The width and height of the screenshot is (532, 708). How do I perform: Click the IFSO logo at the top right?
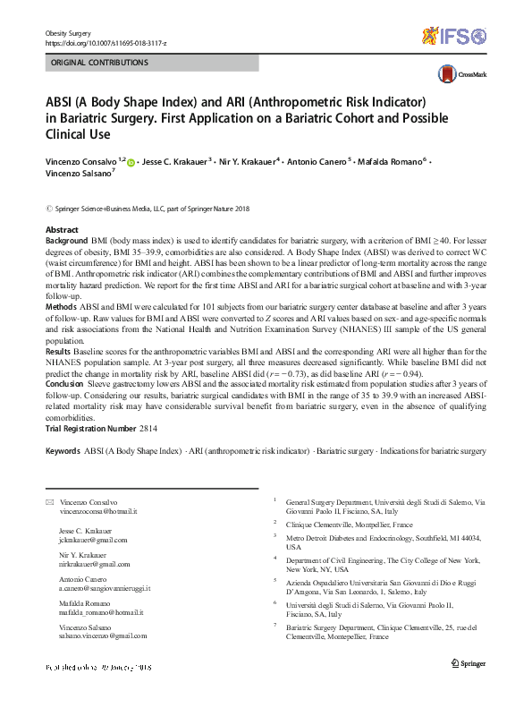(x=456, y=36)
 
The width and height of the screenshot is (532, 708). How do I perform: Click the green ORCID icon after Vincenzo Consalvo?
(x=131, y=162)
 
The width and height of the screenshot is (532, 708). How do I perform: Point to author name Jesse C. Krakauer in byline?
(x=173, y=162)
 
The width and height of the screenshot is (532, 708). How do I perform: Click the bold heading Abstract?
(x=62, y=230)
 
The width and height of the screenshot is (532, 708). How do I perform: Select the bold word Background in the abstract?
(x=66, y=242)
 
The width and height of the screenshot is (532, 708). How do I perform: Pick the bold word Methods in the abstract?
(x=62, y=305)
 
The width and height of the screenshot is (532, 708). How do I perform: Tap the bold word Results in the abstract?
(x=60, y=353)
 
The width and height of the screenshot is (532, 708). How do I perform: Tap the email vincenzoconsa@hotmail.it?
(x=98, y=511)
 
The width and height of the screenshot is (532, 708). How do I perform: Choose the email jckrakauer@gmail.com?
(x=94, y=540)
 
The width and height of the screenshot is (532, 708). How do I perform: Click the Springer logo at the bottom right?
(x=469, y=662)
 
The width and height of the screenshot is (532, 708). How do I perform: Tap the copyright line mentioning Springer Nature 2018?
(x=147, y=208)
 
